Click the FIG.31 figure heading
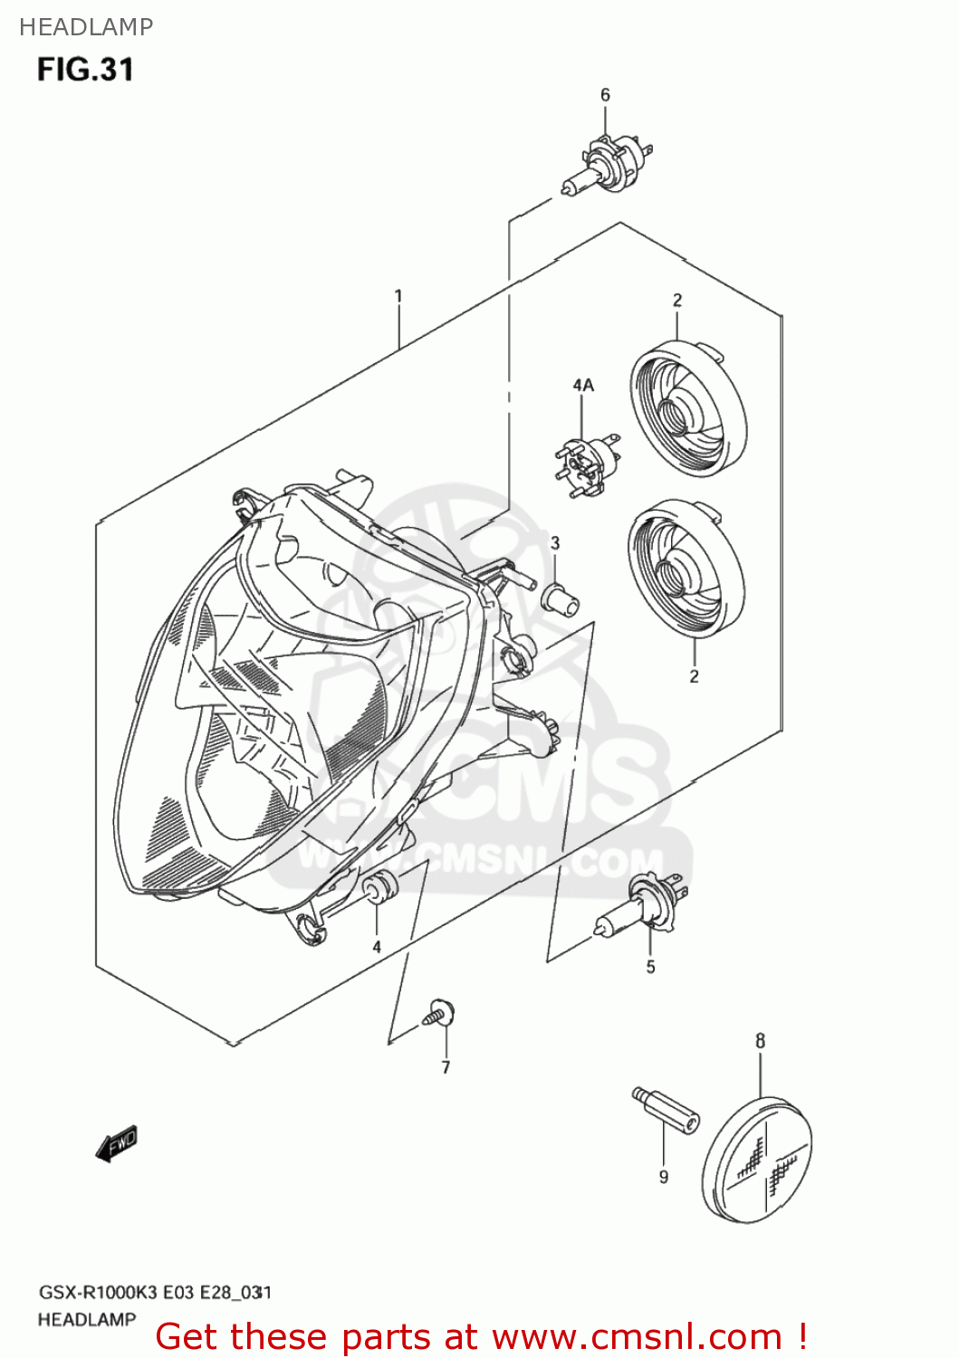pyautogui.click(x=85, y=70)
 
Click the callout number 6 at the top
pyautogui.click(x=605, y=95)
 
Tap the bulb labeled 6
pyautogui.click(x=608, y=166)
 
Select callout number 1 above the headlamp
pyautogui.click(x=398, y=296)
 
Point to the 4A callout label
pyautogui.click(x=583, y=386)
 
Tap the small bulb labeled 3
pyautogui.click(x=558, y=598)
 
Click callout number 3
pyautogui.click(x=555, y=543)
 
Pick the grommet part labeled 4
pyautogui.click(x=379, y=887)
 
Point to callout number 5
pyautogui.click(x=650, y=968)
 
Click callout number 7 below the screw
pyautogui.click(x=446, y=1068)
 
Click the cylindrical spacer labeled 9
pyautogui.click(x=666, y=1111)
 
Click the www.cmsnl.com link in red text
pyautogui.click(x=637, y=1337)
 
